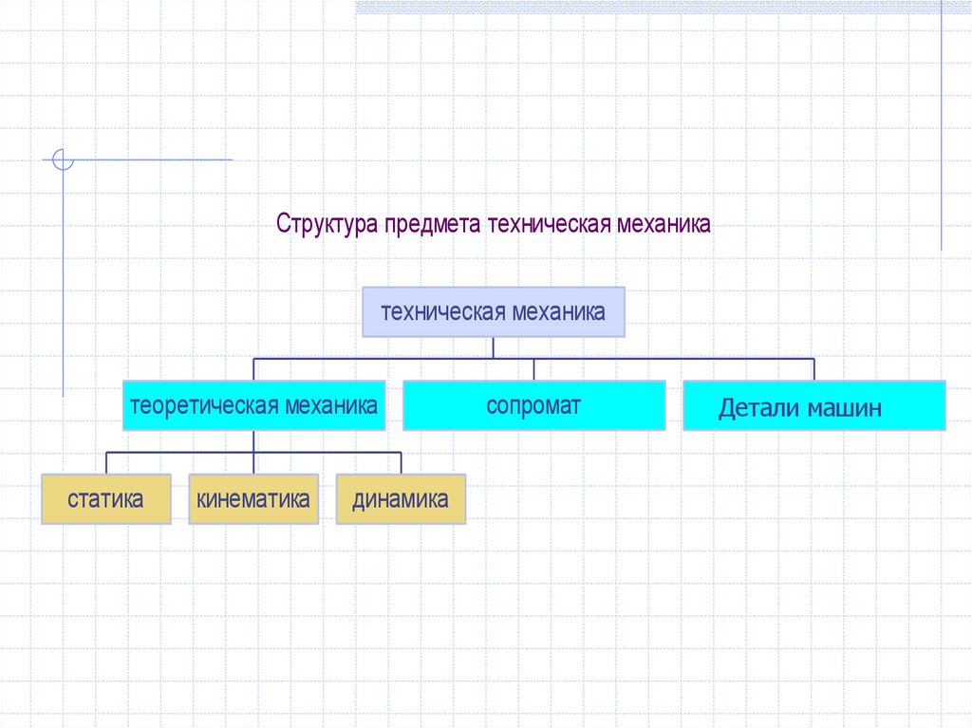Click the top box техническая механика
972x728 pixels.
[x=494, y=312]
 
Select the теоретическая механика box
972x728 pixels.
[x=253, y=406]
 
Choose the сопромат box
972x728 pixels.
[x=533, y=406]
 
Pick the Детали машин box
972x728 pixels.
[x=814, y=406]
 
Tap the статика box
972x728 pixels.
[x=106, y=499]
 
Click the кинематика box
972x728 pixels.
[x=253, y=499]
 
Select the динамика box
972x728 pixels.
[x=401, y=499]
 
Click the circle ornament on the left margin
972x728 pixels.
[x=63, y=159]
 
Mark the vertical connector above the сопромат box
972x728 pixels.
[x=533, y=369]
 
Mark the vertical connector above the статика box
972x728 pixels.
[x=106, y=463]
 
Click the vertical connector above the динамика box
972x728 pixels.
[x=401, y=463]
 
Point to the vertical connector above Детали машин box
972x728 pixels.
[x=814, y=369]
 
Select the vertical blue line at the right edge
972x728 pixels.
[x=942, y=123]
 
